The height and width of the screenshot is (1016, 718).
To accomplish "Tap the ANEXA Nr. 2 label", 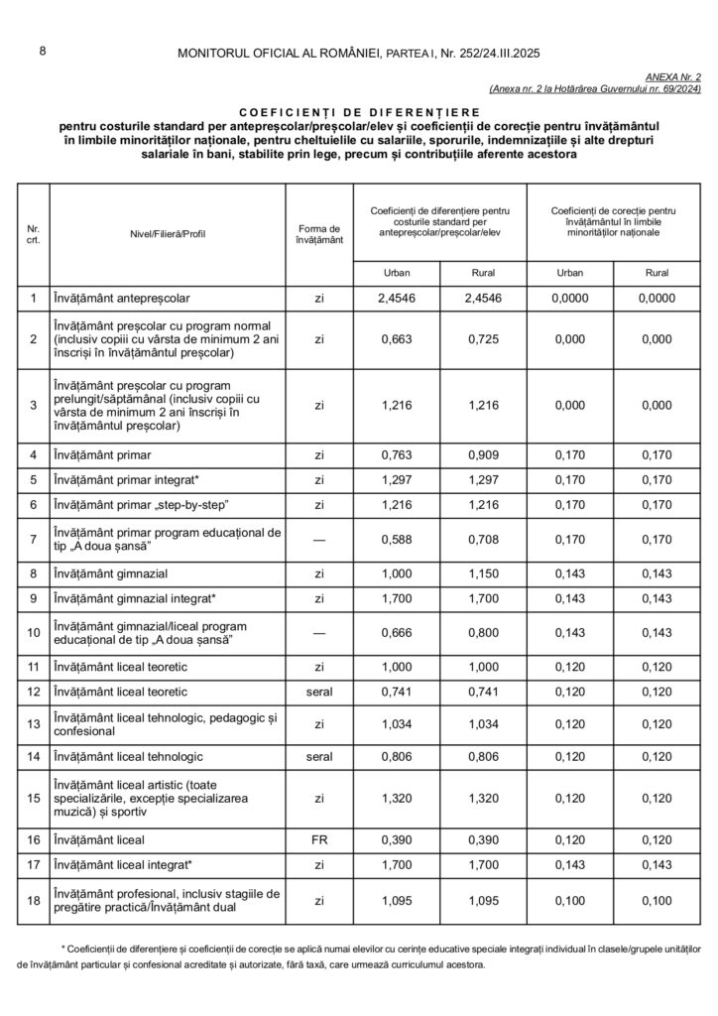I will (673, 76).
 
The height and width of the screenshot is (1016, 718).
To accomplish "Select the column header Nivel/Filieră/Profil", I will (167, 235).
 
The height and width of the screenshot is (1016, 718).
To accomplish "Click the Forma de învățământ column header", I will (319, 235).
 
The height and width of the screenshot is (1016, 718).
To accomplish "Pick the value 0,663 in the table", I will (396, 339).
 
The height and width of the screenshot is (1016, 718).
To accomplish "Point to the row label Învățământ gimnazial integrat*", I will (135, 598).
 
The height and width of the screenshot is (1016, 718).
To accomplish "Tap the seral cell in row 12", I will (319, 692).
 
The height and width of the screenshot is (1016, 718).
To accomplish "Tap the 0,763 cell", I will (396, 455).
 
